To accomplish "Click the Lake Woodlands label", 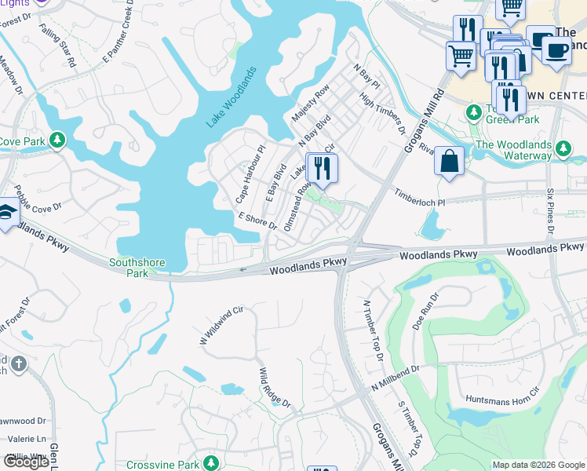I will (x=232, y=99).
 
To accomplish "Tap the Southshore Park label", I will (x=129, y=268).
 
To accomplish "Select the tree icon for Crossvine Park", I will (x=210, y=463).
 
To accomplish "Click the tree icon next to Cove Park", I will (x=57, y=141).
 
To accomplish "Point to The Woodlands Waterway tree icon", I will (x=563, y=148).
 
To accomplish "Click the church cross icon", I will (x=19, y=365).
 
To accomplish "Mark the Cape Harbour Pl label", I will (x=252, y=173).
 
